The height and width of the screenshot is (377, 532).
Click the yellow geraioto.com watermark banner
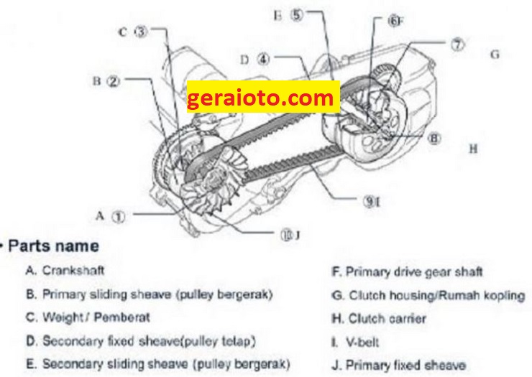tap(263, 97)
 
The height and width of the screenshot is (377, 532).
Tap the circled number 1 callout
tap(119, 217)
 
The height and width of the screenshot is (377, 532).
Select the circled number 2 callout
tap(114, 81)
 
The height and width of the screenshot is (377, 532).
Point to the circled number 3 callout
tap(142, 32)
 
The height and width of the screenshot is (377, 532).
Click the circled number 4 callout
tap(263, 60)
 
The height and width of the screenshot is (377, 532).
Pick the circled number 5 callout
tap(296, 15)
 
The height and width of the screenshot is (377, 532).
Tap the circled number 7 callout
tap(458, 45)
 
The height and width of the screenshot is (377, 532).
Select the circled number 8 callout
tap(434, 139)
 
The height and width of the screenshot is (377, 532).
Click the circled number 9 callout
tap(368, 201)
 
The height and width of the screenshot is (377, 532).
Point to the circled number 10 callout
tap(287, 235)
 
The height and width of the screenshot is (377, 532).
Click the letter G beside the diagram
tap(495, 55)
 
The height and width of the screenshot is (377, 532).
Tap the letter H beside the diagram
tap(473, 149)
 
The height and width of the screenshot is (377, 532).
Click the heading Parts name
tap(53, 246)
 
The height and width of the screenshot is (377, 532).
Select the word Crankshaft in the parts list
tap(73, 271)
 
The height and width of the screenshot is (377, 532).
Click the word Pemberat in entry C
tap(121, 317)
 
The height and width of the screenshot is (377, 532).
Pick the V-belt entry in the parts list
tap(355, 343)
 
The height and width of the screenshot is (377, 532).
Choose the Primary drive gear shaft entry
tap(407, 272)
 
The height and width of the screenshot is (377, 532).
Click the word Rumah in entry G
tap(459, 296)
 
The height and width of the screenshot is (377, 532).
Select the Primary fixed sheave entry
tap(399, 365)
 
